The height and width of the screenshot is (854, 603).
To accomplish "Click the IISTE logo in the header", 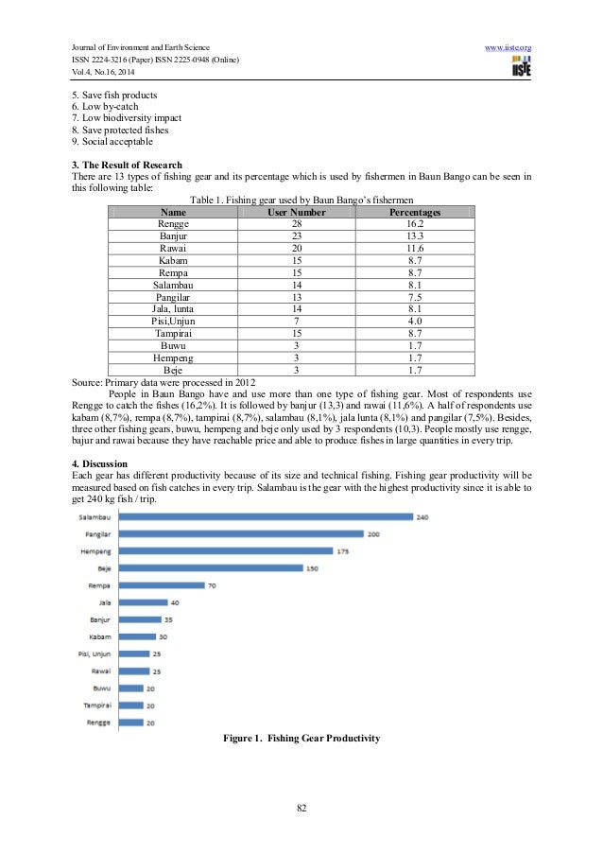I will click(x=518, y=66).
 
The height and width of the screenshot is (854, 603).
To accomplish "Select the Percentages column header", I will click(x=415, y=213).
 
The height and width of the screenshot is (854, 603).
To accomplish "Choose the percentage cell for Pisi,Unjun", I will click(x=415, y=321).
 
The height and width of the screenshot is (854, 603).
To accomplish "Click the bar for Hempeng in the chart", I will click(x=228, y=550).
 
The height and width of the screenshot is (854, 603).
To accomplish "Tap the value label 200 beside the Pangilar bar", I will click(x=373, y=533).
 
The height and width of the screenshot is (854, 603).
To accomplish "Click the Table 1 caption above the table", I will click(x=301, y=200).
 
